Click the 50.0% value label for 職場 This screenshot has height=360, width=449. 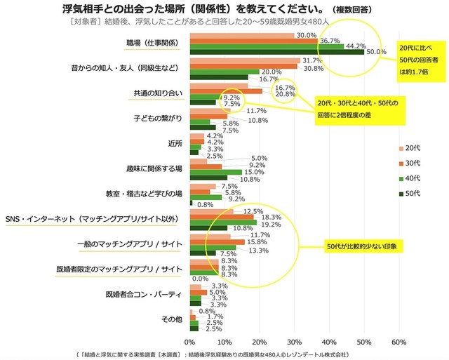click(x=377, y=51)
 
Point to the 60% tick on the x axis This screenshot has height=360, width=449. click(x=398, y=342)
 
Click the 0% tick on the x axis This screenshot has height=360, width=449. click(x=190, y=342)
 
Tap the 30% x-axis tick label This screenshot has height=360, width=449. click(x=294, y=342)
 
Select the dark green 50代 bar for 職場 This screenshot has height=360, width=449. click(x=276, y=52)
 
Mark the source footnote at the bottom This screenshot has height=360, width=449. click(x=224, y=354)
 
